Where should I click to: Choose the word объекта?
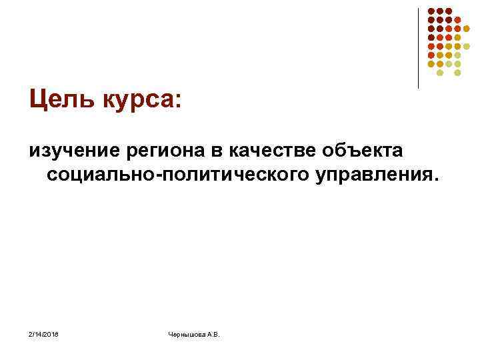360,150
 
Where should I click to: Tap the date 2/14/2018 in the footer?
44,333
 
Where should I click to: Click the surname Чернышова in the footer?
187,333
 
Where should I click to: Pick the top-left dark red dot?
431,11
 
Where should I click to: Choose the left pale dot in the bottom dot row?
440,73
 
